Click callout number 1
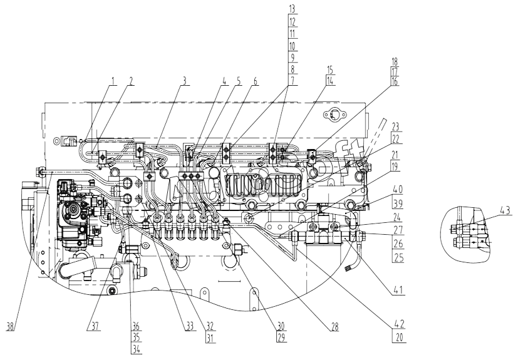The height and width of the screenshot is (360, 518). pos(113,81)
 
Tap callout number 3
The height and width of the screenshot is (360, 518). pos(185,81)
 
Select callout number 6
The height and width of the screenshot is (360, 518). pos(255,81)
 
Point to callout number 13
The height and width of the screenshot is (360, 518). pos(293,9)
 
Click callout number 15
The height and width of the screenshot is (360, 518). pos(329,69)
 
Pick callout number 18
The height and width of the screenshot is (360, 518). pos(395,61)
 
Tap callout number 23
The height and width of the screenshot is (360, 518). pos(395,126)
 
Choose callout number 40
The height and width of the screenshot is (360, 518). pos(398,190)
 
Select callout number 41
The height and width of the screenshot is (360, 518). pos(398,290)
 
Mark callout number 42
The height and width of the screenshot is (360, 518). pos(399,324)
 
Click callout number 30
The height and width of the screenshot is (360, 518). pos(281,326)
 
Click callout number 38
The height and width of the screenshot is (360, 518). pos(11,327)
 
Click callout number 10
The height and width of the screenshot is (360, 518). pos(293,46)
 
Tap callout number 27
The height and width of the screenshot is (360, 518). pos(399,230)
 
